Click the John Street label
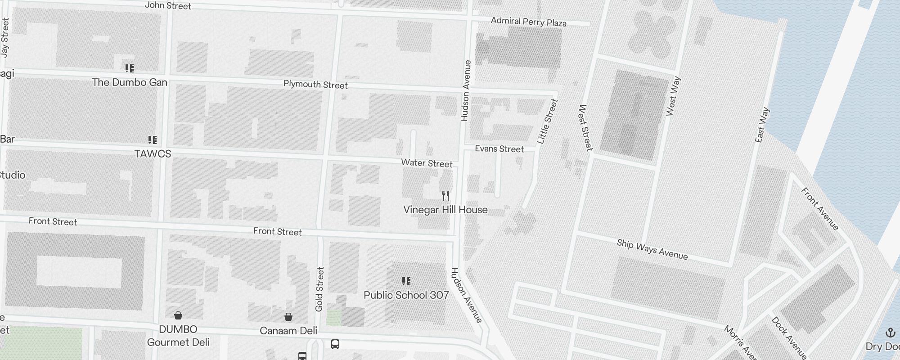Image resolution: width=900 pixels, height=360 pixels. click(168, 6)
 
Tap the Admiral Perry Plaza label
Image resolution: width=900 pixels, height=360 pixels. click(528, 22)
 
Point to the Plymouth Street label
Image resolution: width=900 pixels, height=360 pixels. click(315, 85)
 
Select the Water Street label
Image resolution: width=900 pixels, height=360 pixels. click(427, 163)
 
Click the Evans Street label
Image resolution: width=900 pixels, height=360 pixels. click(499, 149)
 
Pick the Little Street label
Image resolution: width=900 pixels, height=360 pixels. click(548, 121)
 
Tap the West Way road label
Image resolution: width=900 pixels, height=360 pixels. click(673, 97)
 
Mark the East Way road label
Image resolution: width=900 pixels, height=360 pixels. click(762, 125)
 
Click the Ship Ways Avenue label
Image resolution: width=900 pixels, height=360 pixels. click(652, 249)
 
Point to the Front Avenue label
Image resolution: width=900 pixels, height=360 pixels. click(820, 209)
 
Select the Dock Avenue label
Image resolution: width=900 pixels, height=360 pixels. click(788, 338)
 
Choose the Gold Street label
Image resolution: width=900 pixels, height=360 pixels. click(319, 289)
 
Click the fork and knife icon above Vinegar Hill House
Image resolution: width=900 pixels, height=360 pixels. click(445, 195)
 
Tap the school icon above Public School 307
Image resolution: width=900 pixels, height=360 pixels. click(406, 281)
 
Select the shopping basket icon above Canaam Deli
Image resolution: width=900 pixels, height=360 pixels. click(288, 317)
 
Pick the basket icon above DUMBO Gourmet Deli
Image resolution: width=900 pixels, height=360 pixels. click(178, 315)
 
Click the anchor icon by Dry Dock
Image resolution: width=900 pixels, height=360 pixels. click(890, 333)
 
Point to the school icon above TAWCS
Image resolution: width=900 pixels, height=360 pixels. click(153, 140)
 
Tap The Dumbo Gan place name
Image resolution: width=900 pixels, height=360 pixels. click(130, 82)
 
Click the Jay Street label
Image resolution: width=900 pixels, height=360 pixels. click(5, 38)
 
